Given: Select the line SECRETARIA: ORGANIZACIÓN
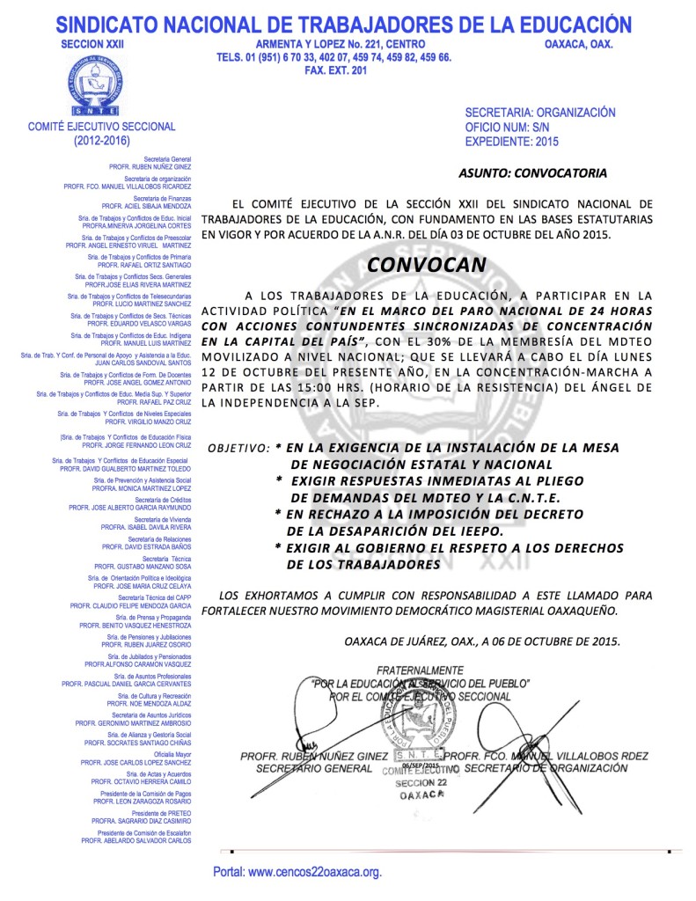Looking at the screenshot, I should coord(539,113).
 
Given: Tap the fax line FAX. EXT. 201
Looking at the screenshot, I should coord(333,70).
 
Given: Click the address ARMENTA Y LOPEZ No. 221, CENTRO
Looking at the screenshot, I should coord(340,44).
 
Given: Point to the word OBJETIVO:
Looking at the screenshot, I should coord(238,448).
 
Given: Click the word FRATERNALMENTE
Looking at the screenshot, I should coord(421,670).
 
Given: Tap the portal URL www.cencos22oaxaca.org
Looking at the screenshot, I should coord(298,873).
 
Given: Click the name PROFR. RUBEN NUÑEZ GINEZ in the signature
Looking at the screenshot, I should coord(313,756).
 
